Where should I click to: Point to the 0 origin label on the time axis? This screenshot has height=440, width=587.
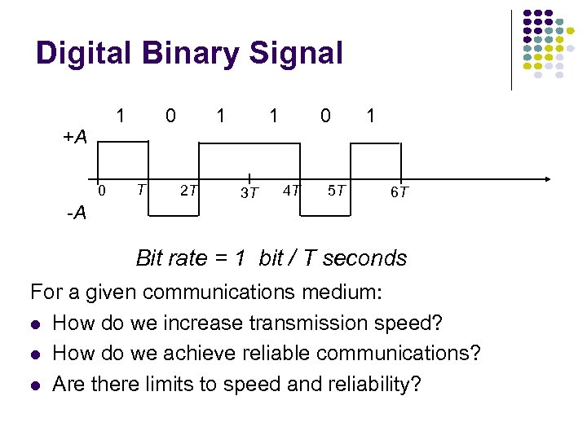(102, 191)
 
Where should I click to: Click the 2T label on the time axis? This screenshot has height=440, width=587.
(188, 191)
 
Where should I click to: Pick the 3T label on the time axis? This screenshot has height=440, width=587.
(249, 193)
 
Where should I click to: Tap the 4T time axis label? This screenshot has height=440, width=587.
(290, 191)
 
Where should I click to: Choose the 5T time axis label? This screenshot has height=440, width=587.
(336, 191)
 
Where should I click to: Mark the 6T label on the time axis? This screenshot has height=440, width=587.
(399, 193)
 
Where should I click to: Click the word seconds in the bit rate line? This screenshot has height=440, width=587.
(363, 258)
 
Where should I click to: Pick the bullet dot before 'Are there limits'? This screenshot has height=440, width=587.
(34, 385)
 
